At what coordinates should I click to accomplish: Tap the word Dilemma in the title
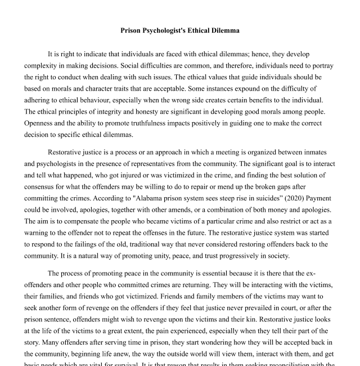(x=224, y=30)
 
